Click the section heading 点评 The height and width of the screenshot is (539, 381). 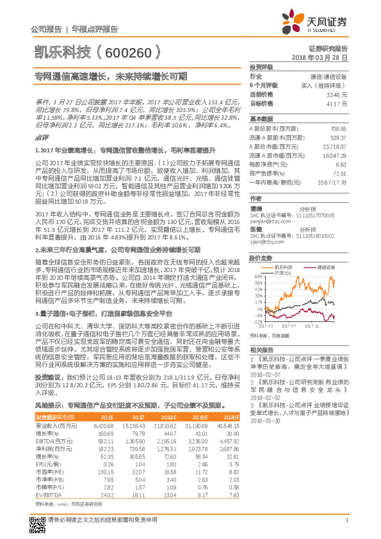pos(42,137)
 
